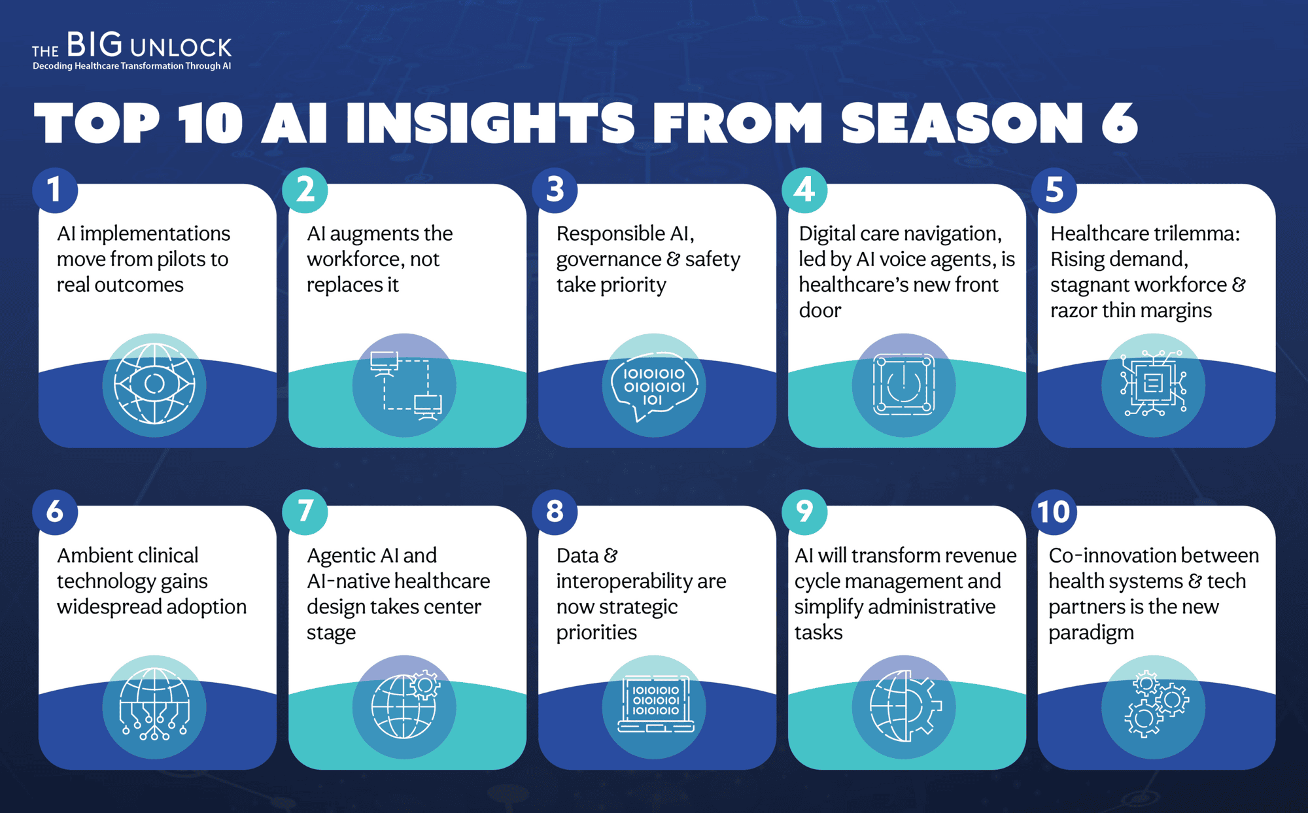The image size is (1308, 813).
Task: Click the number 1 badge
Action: [x=55, y=190]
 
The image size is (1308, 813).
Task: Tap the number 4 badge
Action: [x=804, y=190]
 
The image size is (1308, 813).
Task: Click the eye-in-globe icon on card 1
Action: [x=154, y=385]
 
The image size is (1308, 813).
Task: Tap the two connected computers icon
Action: [x=406, y=385]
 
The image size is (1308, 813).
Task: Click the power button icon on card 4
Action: [x=903, y=385]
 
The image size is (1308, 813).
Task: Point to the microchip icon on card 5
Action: [x=1153, y=383]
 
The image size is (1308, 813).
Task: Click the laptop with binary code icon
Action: [x=655, y=704]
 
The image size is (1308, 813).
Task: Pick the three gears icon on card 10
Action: [x=1156, y=704]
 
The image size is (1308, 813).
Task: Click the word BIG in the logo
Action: [x=94, y=44]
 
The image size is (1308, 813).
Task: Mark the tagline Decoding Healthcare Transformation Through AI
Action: [x=131, y=66]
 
